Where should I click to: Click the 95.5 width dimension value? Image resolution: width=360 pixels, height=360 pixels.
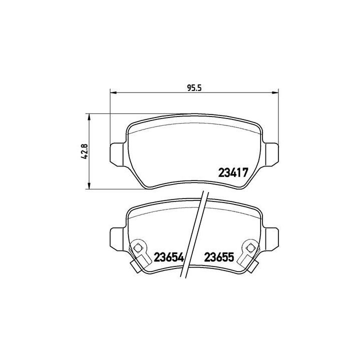[193, 87]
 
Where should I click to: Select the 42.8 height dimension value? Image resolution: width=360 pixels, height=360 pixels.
[84, 151]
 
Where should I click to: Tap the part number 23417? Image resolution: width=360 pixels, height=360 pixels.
[233, 173]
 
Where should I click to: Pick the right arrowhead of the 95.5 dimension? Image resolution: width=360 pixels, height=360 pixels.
[274, 92]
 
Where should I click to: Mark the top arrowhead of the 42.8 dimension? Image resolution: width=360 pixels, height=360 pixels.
[89, 116]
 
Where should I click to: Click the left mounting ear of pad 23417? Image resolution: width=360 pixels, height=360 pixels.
[115, 152]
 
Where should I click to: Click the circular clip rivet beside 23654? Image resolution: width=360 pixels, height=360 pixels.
[139, 246]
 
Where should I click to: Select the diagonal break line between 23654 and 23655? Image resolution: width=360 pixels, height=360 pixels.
[195, 235]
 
